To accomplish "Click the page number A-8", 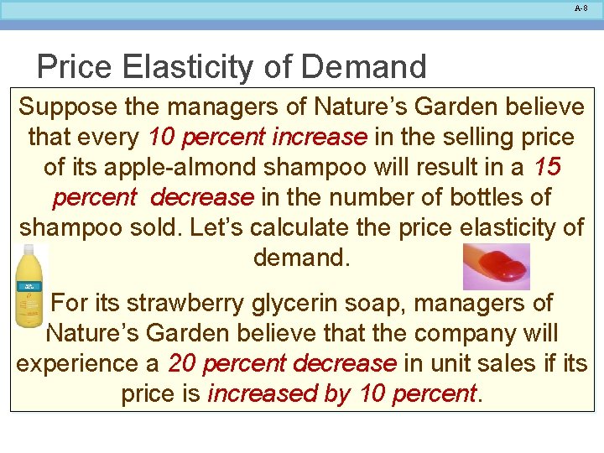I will (x=581, y=8).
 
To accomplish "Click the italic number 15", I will (x=547, y=167).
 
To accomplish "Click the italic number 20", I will (x=183, y=363).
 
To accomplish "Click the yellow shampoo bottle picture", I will (x=29, y=285).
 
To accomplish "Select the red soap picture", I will (x=497, y=267).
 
